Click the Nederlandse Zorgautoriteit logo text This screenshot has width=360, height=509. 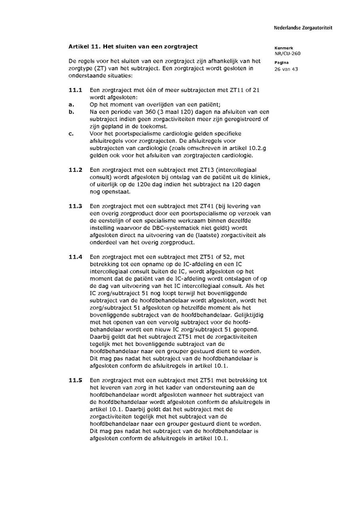pos(303,28)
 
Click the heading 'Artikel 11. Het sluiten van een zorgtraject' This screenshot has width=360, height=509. pos(133,46)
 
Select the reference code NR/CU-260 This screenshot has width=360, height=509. pos(287,54)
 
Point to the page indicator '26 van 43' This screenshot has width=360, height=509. pos(286,69)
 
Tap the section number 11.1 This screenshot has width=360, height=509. pos(75,90)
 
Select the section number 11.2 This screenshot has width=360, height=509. pos(75,170)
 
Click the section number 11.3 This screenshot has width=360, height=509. pos(75,206)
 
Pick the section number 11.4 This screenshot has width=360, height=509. pos(75,257)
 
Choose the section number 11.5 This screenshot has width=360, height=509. pos(75,380)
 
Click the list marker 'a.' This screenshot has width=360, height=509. pos(71,105)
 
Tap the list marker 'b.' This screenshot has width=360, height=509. pos(71,112)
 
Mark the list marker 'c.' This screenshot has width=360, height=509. pos(71,134)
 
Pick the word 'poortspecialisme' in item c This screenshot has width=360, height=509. pos(134,134)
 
